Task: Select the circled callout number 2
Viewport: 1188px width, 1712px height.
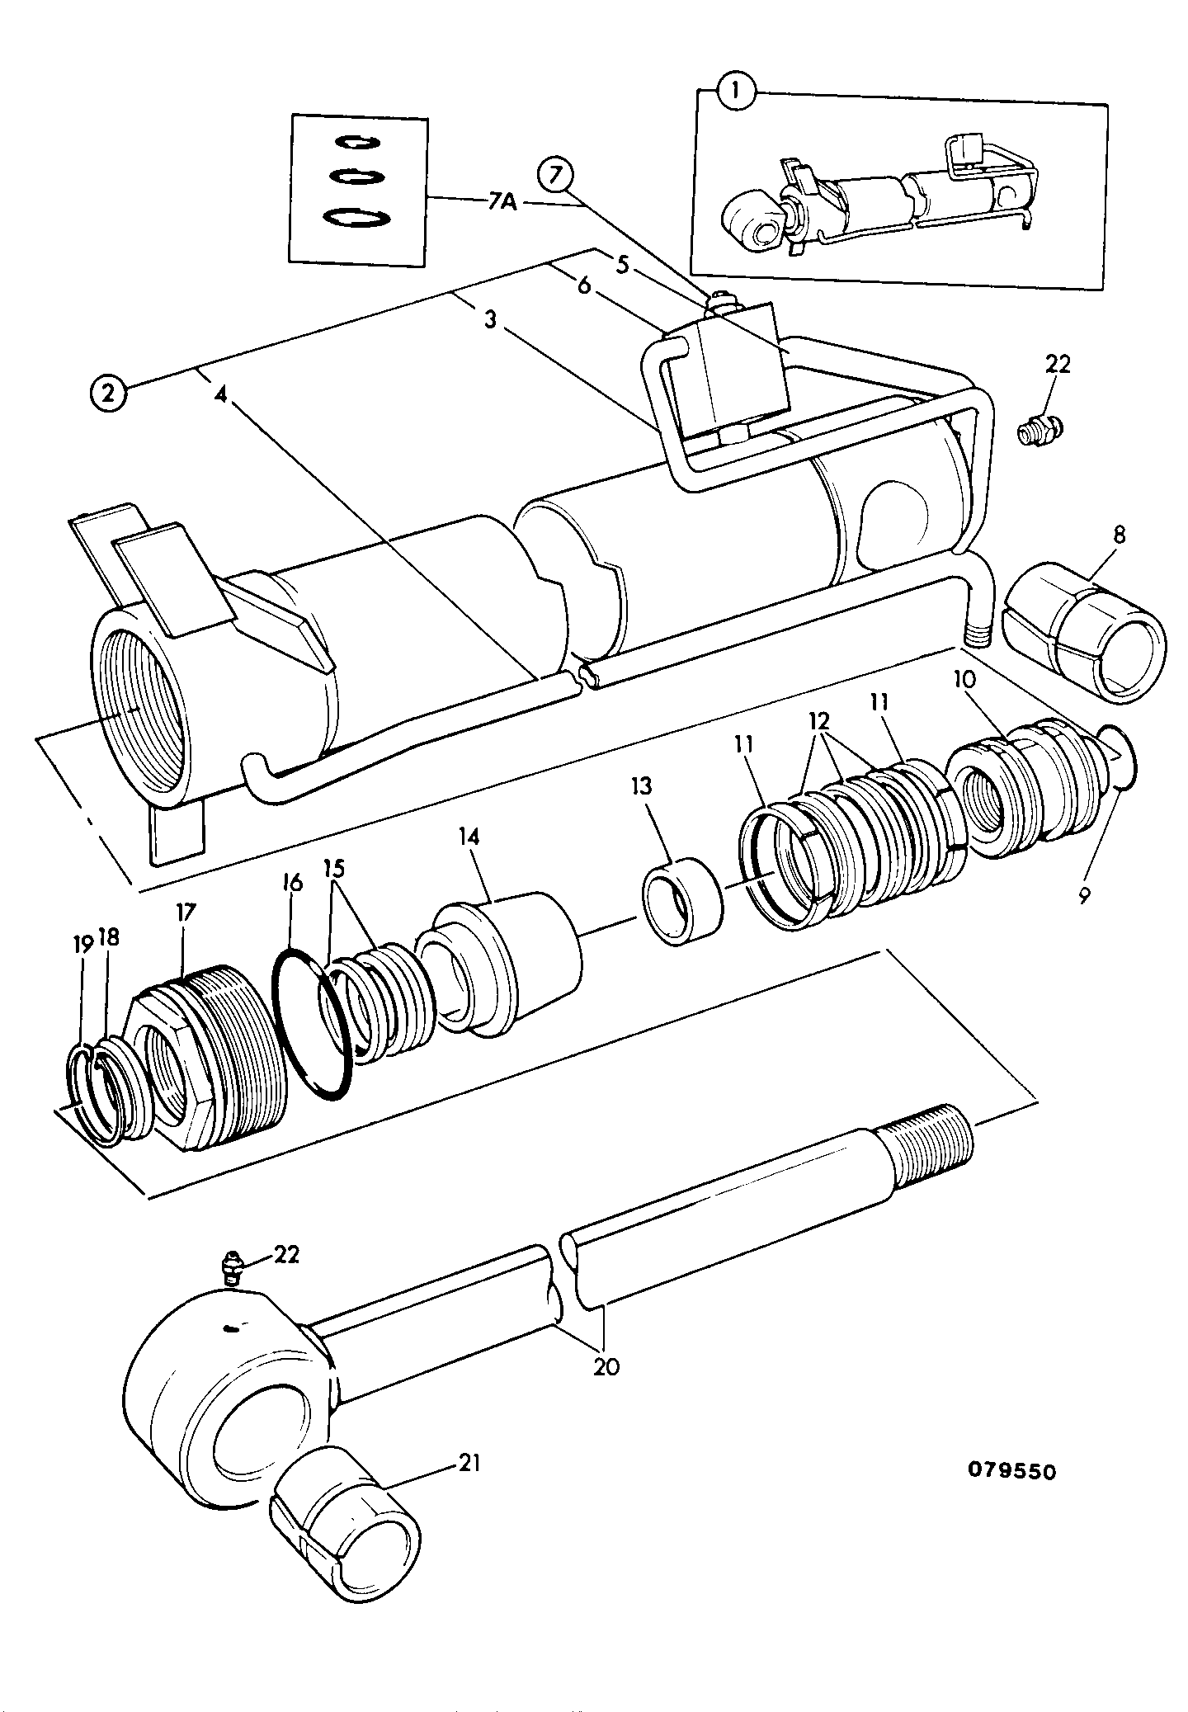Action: [110, 392]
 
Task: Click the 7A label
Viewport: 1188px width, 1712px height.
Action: [500, 201]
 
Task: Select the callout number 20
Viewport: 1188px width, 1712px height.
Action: [606, 1367]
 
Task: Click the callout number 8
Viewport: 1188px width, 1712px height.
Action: [1118, 535]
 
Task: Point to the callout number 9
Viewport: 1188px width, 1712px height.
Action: [1083, 894]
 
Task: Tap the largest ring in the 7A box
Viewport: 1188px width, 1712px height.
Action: [356, 218]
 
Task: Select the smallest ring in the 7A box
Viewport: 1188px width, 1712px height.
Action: [358, 142]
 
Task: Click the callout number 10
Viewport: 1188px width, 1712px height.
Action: [965, 681]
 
